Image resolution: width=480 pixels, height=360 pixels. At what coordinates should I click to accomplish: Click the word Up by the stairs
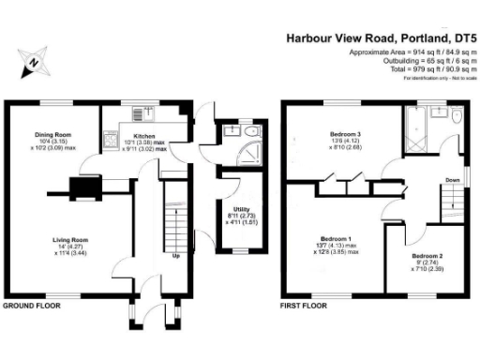[x=176, y=255]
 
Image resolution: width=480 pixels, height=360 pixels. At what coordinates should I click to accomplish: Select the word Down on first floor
[x=452, y=180]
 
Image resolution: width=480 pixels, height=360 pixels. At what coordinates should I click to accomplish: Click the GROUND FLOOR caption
[x=33, y=306]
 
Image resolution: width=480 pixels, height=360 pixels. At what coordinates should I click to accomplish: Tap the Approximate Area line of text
[x=412, y=52]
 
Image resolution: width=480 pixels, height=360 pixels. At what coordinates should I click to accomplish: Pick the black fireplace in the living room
[x=90, y=188]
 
